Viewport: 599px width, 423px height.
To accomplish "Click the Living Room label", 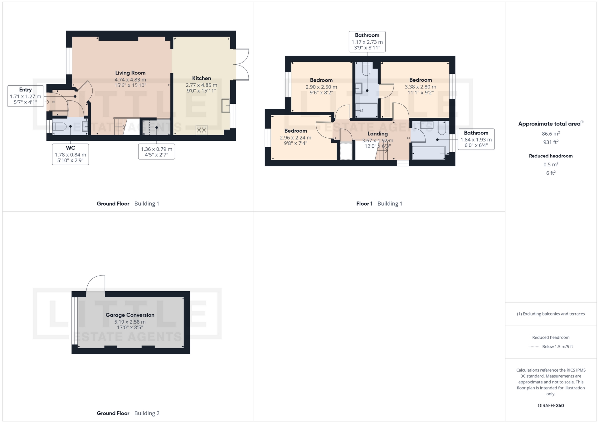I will click(x=130, y=73).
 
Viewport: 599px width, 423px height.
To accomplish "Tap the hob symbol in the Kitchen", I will click(x=202, y=130).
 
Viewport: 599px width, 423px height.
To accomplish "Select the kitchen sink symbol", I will click(x=225, y=105).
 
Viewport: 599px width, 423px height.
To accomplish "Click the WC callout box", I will click(x=71, y=154).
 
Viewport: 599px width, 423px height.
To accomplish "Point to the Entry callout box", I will click(x=26, y=96).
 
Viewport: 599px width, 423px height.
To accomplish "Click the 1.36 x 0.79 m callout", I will click(x=157, y=152).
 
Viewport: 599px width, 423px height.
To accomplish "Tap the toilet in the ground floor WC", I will click(x=59, y=126).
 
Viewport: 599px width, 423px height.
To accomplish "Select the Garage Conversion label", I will click(x=130, y=315).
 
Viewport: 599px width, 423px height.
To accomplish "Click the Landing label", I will click(x=377, y=134).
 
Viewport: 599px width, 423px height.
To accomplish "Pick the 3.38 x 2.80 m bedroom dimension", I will click(x=420, y=87).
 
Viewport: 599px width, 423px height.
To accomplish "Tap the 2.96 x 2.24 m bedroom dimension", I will click(x=295, y=138).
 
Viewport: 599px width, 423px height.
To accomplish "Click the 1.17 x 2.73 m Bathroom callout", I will click(x=367, y=41).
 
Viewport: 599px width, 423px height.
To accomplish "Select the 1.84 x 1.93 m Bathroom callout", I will click(x=476, y=139).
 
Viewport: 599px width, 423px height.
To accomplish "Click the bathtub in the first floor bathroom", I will click(x=429, y=153).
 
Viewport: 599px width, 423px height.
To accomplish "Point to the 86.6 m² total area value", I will click(x=551, y=134).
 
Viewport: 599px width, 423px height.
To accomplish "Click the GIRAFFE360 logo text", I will click(x=551, y=406).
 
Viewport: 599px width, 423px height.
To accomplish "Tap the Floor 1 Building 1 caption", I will click(x=379, y=204).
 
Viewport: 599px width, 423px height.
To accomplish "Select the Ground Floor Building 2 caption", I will click(x=128, y=413).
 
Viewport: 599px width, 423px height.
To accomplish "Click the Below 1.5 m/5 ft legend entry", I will click(x=558, y=346).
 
